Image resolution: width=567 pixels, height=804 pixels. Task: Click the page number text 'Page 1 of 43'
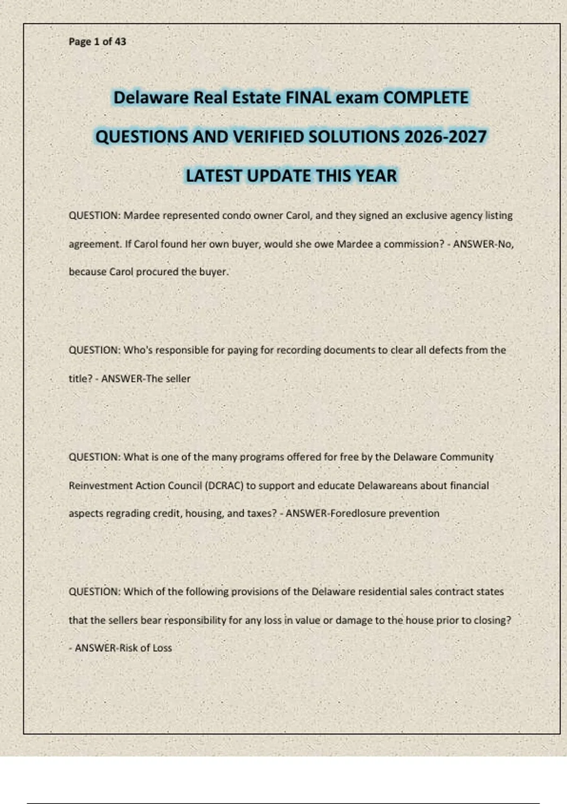(97, 42)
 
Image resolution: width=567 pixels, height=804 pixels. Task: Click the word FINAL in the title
(308, 98)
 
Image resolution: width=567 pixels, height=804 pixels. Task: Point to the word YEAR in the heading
(376, 176)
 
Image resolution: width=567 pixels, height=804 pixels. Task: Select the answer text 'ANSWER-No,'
(483, 244)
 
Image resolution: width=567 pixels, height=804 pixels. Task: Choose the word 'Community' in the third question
(466, 457)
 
